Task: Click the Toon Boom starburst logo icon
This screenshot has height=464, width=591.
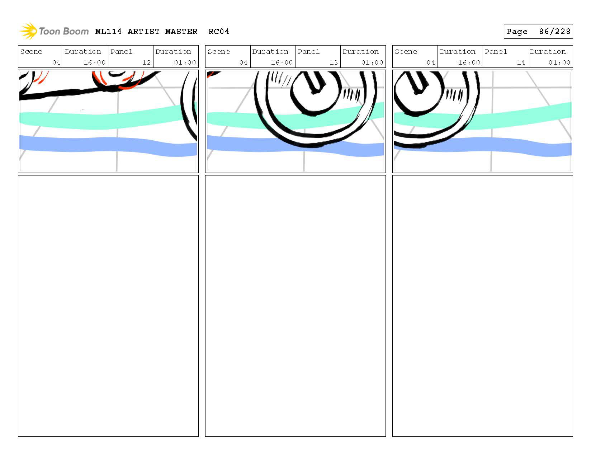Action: [28, 31]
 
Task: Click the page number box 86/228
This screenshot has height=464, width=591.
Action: [538, 32]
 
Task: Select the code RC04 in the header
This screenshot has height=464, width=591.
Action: [219, 32]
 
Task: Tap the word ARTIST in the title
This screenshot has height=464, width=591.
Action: [143, 32]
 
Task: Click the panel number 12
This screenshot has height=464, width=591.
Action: [146, 62]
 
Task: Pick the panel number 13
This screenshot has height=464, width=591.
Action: [334, 62]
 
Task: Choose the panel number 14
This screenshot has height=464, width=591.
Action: [521, 62]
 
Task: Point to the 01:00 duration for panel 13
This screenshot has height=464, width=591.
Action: [372, 62]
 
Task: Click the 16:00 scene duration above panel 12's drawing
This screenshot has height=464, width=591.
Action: [94, 62]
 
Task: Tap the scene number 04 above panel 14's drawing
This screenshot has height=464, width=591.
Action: [430, 62]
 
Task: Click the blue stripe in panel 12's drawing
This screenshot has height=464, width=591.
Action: [108, 145]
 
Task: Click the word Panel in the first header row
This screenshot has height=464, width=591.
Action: [121, 52]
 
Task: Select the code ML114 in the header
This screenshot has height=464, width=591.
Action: [108, 32]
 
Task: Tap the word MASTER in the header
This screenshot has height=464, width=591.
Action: [181, 32]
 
